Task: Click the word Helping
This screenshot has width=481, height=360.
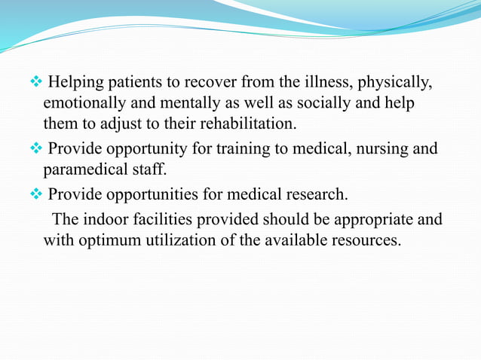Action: [x=76, y=81]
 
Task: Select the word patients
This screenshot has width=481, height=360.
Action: [x=135, y=81]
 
